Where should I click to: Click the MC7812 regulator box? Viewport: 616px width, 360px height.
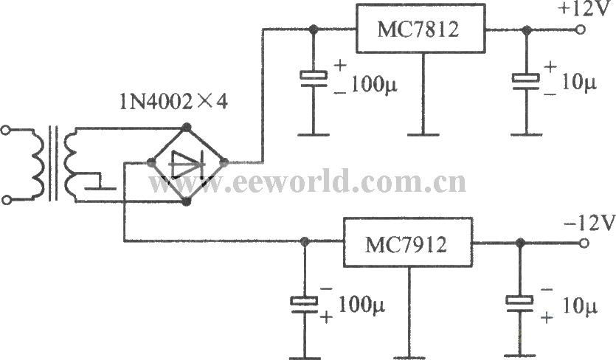pos(421,28)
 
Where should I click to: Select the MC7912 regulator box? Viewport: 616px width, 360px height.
pos(408,243)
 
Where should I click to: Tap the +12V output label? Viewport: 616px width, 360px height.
pos(585,9)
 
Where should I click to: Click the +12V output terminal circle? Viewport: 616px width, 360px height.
pos(580,30)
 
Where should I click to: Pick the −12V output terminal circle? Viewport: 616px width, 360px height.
pos(584,243)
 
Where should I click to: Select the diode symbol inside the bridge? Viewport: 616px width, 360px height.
pos(187,165)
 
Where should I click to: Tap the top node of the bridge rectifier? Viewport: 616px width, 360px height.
pos(187,127)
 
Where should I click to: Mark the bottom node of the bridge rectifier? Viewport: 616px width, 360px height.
pos(187,201)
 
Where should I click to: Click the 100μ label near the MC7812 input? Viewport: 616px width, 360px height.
pos(373,85)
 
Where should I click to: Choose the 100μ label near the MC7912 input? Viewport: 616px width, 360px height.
pos(361,305)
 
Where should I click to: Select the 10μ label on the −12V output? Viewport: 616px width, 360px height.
pos(579,306)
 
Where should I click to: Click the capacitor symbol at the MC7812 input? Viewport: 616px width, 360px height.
pos(313,78)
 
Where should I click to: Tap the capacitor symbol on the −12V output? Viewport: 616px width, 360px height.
pos(519,303)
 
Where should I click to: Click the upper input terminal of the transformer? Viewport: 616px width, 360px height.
pos(5,130)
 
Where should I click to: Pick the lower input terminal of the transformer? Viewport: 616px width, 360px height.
pos(6,200)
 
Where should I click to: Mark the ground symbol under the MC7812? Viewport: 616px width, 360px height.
pos(423,135)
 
